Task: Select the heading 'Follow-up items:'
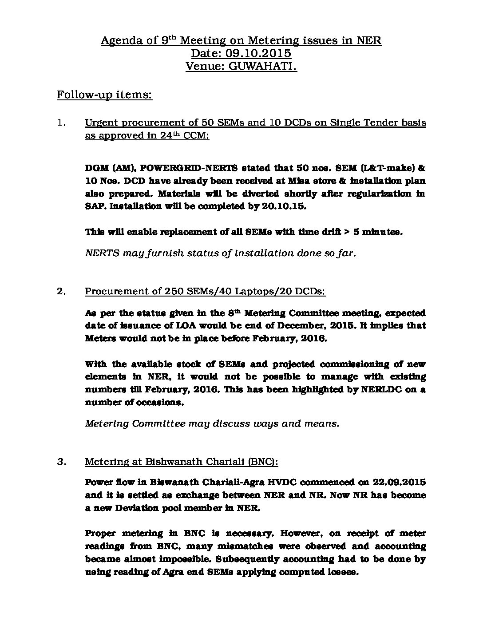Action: [104, 95]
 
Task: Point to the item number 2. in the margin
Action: [62, 291]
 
